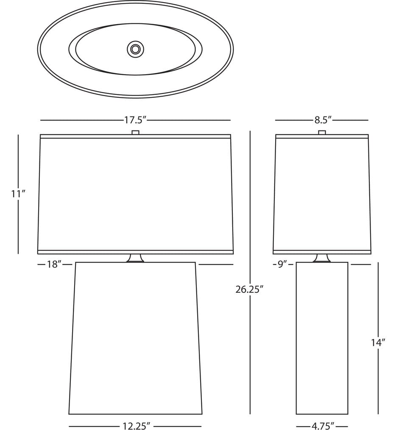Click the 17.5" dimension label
135,120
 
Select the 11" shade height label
18,194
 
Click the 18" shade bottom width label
53,264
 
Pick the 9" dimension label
281,264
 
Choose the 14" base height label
379,343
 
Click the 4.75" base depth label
323,426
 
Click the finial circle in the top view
135,50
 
